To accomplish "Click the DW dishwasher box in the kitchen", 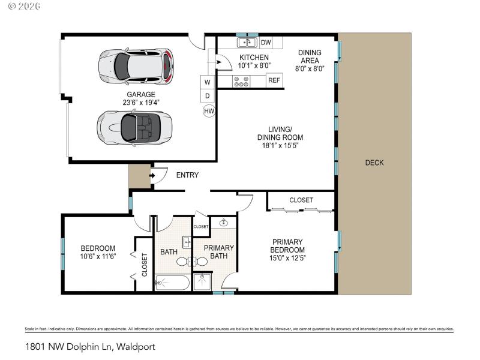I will [x=266, y=43].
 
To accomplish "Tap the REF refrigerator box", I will [x=274, y=80].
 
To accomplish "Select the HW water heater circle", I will [x=209, y=110].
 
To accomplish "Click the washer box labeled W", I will [x=208, y=82].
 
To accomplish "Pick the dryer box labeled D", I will [x=208, y=95].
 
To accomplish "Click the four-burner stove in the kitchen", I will [x=242, y=81].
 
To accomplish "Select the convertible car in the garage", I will [x=134, y=127].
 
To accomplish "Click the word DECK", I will [x=374, y=163].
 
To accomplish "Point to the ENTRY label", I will [x=187, y=175].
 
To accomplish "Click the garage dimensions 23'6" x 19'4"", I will [x=140, y=103].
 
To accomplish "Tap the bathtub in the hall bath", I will [x=172, y=282].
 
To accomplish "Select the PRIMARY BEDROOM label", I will [x=287, y=246].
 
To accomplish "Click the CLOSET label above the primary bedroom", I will [x=301, y=200].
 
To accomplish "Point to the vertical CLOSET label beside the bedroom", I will [x=145, y=263].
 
